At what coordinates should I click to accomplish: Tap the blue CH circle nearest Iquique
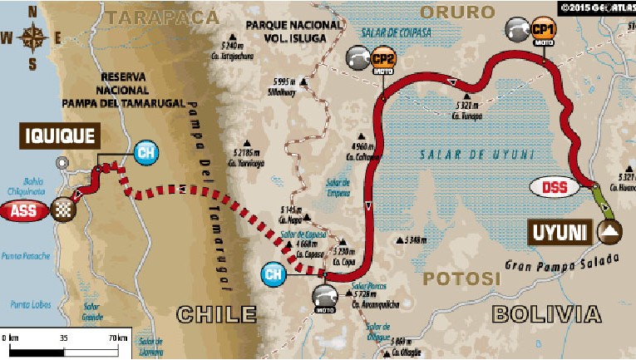pos(145,153)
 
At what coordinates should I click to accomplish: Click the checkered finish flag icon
pos(62,210)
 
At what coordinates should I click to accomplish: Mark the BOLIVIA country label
pos(545,313)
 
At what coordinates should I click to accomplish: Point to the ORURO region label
pos(456,12)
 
